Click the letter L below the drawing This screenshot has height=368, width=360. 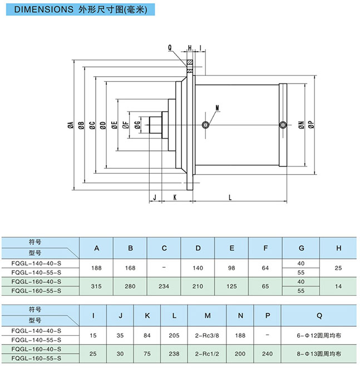pos(230,197)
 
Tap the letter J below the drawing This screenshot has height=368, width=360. pos(155,197)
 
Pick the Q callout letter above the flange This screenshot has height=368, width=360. pos(170,48)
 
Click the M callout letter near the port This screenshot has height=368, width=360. pos(217,107)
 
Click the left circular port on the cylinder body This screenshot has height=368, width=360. pos(206,125)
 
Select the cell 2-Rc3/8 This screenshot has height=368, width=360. pos(207,335)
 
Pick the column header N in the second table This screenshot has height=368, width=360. pos(240,316)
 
